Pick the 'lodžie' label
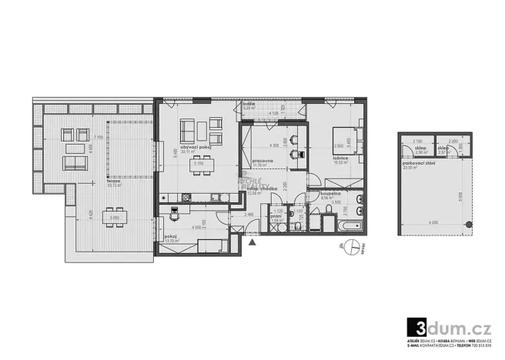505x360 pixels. [x=248, y=105]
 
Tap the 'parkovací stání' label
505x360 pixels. [x=418, y=163]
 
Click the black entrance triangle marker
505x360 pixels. [x=252, y=243]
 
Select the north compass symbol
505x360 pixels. [x=353, y=248]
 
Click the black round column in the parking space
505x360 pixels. [x=466, y=224]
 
